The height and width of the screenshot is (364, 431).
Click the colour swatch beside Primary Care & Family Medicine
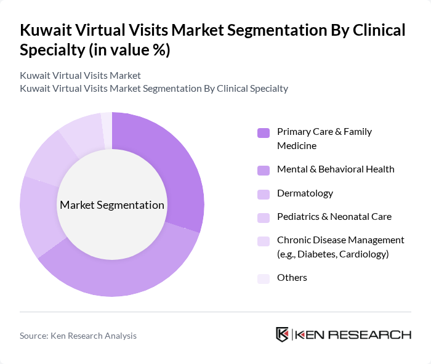(264, 132)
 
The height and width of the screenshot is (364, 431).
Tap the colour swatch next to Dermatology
(264, 194)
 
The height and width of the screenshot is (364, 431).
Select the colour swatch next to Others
(264, 278)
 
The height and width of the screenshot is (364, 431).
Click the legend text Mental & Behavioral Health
(336, 169)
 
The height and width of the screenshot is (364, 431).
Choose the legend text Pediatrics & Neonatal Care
(334, 216)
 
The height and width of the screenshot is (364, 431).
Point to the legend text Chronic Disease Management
(340, 240)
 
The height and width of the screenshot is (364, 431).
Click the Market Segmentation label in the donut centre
(112, 205)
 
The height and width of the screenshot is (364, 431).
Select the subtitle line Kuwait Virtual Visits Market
(81, 75)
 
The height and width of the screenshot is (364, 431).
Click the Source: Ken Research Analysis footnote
(78, 336)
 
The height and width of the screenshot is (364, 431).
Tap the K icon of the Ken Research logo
(283, 334)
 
